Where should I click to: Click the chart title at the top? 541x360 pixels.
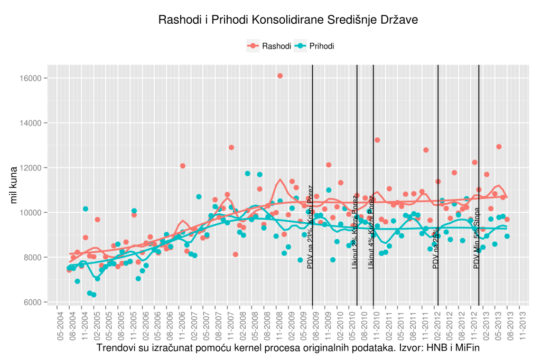coord(288,21)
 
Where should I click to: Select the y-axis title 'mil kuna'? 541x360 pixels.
coord(15,190)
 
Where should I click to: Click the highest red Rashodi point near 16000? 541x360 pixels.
coord(280,76)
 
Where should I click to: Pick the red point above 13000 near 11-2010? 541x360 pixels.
coord(377,140)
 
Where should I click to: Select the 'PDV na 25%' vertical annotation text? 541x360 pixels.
coord(436,248)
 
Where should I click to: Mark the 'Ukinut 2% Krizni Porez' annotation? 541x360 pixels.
coord(355,232)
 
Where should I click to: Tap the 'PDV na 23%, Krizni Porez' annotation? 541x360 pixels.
coord(310,227)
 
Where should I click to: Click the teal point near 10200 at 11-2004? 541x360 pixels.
coord(86,209)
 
